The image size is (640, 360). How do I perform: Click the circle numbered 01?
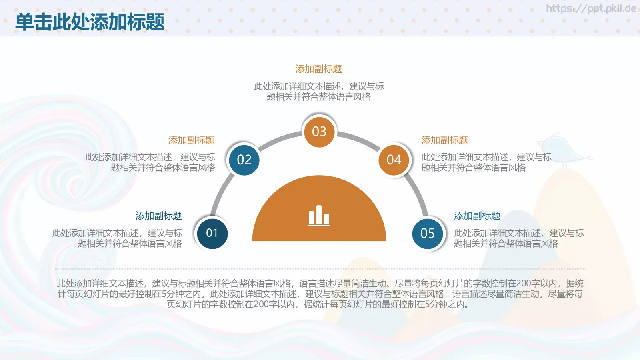pos(212,233)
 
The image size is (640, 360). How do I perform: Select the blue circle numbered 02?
pos(244,160)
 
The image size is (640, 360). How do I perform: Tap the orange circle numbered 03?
pos(319,132)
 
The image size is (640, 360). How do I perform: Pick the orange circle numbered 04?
pos(394,160)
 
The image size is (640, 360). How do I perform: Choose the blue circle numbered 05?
pos(428,233)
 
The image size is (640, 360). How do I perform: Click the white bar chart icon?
pos(319,216)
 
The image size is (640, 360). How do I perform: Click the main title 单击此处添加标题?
pos(90,22)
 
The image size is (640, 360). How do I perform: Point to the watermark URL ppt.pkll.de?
pos(591,8)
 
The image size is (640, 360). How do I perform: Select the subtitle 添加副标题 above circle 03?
pos(319,69)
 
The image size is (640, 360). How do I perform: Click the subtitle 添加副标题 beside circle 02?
pos(192,140)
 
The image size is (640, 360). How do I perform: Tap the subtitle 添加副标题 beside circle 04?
pos(445,140)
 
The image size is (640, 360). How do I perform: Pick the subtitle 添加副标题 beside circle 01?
pos(159,216)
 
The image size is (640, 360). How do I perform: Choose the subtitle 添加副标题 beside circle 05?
pos(477,216)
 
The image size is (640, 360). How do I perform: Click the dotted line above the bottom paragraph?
pos(320,269)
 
